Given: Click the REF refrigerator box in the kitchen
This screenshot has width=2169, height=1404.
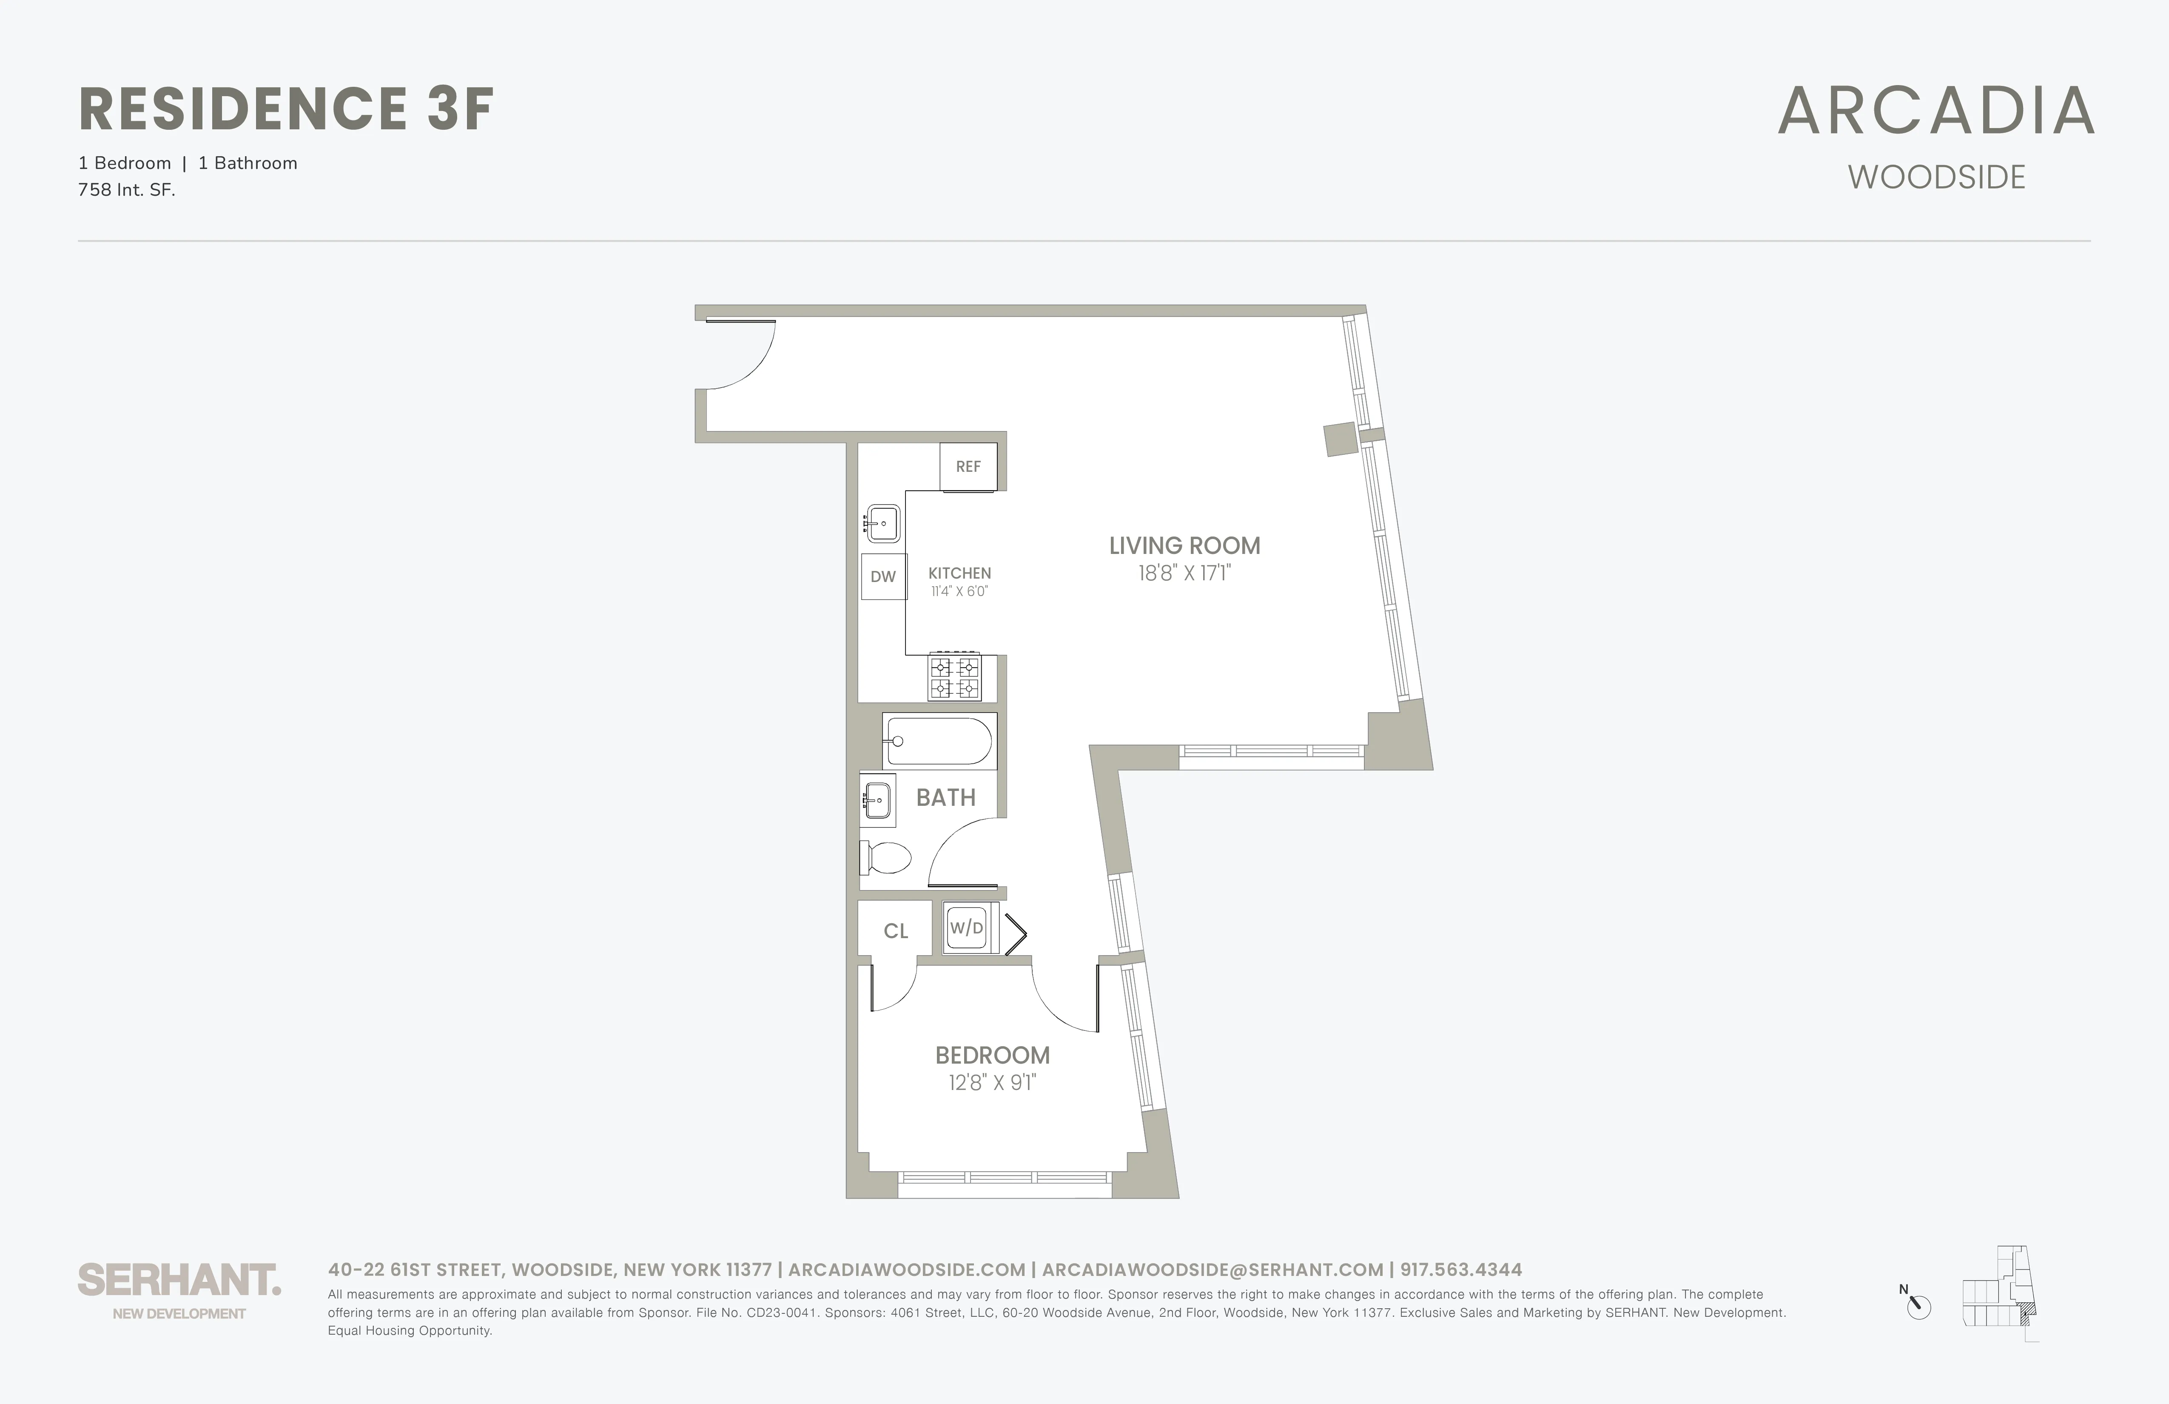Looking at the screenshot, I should (x=968, y=467).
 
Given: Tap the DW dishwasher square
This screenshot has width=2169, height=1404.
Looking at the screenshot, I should (x=883, y=576).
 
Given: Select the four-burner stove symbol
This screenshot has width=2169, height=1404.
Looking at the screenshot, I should (x=954, y=677).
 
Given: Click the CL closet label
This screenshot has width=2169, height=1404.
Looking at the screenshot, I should (x=896, y=931).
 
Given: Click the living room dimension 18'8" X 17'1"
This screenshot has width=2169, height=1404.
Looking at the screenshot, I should (x=1184, y=574).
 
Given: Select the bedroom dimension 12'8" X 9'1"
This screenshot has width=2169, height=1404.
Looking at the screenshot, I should (x=993, y=1083).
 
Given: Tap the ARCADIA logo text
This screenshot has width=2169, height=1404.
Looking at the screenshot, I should (x=1936, y=111).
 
